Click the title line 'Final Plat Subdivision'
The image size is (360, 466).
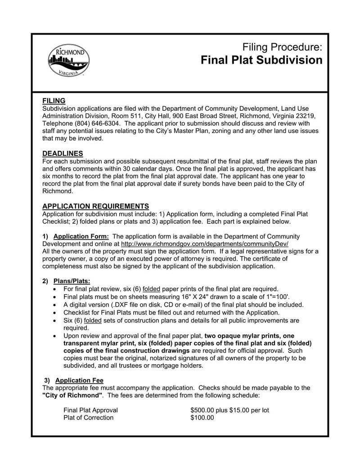(261, 60)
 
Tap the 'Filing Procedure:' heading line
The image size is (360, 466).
(282, 47)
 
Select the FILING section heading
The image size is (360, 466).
(54, 101)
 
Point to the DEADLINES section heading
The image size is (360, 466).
(63, 154)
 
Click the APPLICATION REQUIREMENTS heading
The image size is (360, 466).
(95, 206)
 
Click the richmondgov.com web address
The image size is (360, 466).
(205, 244)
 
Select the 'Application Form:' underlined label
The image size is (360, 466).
(81, 236)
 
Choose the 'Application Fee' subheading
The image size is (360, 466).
(79, 380)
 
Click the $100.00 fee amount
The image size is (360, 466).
(202, 417)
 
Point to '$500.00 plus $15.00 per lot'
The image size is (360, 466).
(229, 410)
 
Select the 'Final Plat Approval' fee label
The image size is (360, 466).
(90, 410)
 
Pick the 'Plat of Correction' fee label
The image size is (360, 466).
(89, 417)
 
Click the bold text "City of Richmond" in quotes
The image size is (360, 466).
(72, 395)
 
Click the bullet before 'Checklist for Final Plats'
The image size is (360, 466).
(55, 312)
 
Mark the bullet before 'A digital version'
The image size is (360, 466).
(55, 305)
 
